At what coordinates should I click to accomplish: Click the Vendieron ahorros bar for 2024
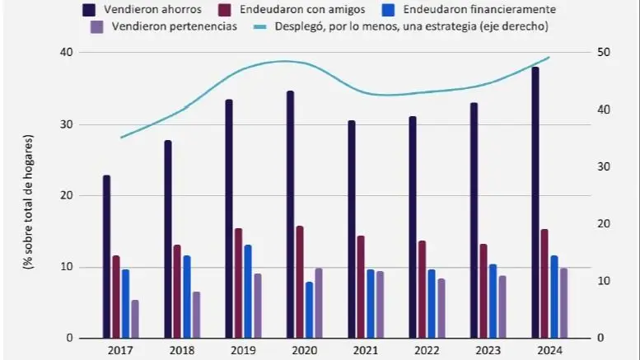tap(535, 203)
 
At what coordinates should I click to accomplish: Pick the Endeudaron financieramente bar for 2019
tap(248, 292)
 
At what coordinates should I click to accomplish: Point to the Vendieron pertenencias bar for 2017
tap(135, 319)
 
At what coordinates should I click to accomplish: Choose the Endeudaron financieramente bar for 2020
tap(309, 310)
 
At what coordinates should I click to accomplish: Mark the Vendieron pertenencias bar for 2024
tap(564, 302)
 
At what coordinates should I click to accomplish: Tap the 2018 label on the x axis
tap(180, 350)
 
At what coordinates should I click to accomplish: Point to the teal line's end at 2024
tap(549, 58)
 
